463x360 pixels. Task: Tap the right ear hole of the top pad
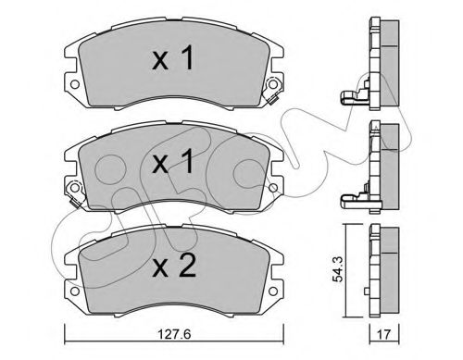(x=273, y=91)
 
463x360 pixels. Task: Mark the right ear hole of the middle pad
(x=273, y=193)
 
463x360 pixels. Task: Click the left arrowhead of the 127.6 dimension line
(x=65, y=334)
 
